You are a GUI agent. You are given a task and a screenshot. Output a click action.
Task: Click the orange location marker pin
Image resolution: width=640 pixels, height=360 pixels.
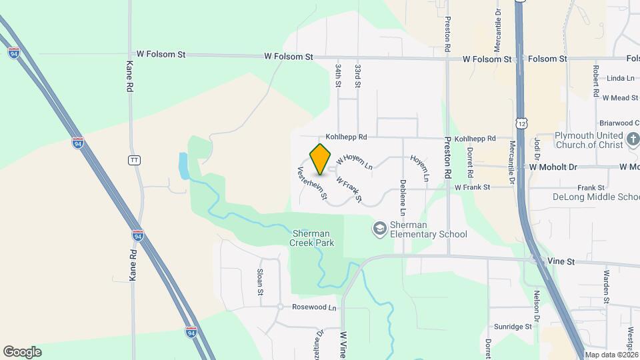321,159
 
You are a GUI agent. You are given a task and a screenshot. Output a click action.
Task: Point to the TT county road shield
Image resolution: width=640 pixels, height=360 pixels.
134,160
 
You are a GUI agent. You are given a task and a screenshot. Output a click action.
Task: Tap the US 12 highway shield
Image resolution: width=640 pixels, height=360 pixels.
521,123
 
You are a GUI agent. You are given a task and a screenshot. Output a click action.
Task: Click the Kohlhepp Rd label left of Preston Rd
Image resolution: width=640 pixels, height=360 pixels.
346,137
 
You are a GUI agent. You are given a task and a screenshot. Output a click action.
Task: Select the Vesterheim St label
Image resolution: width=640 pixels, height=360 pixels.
312,183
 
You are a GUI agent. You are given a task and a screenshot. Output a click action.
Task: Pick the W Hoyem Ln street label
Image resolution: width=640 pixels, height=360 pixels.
353,160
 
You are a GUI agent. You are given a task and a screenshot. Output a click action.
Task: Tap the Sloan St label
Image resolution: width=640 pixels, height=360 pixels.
261,282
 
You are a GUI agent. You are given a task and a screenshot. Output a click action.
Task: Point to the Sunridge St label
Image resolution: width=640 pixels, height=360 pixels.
512,327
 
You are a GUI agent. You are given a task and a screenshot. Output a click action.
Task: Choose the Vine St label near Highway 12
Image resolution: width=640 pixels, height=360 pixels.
560,262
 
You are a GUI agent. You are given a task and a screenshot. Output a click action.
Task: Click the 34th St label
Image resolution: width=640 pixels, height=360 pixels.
338,76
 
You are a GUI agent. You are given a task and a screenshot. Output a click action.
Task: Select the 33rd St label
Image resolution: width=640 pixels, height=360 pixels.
358,76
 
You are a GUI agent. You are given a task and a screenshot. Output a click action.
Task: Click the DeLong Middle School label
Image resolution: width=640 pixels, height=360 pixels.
596,197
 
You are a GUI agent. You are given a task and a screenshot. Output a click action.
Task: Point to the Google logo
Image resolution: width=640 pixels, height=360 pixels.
22,352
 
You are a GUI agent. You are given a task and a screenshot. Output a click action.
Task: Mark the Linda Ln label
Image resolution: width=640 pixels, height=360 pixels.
621,79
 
